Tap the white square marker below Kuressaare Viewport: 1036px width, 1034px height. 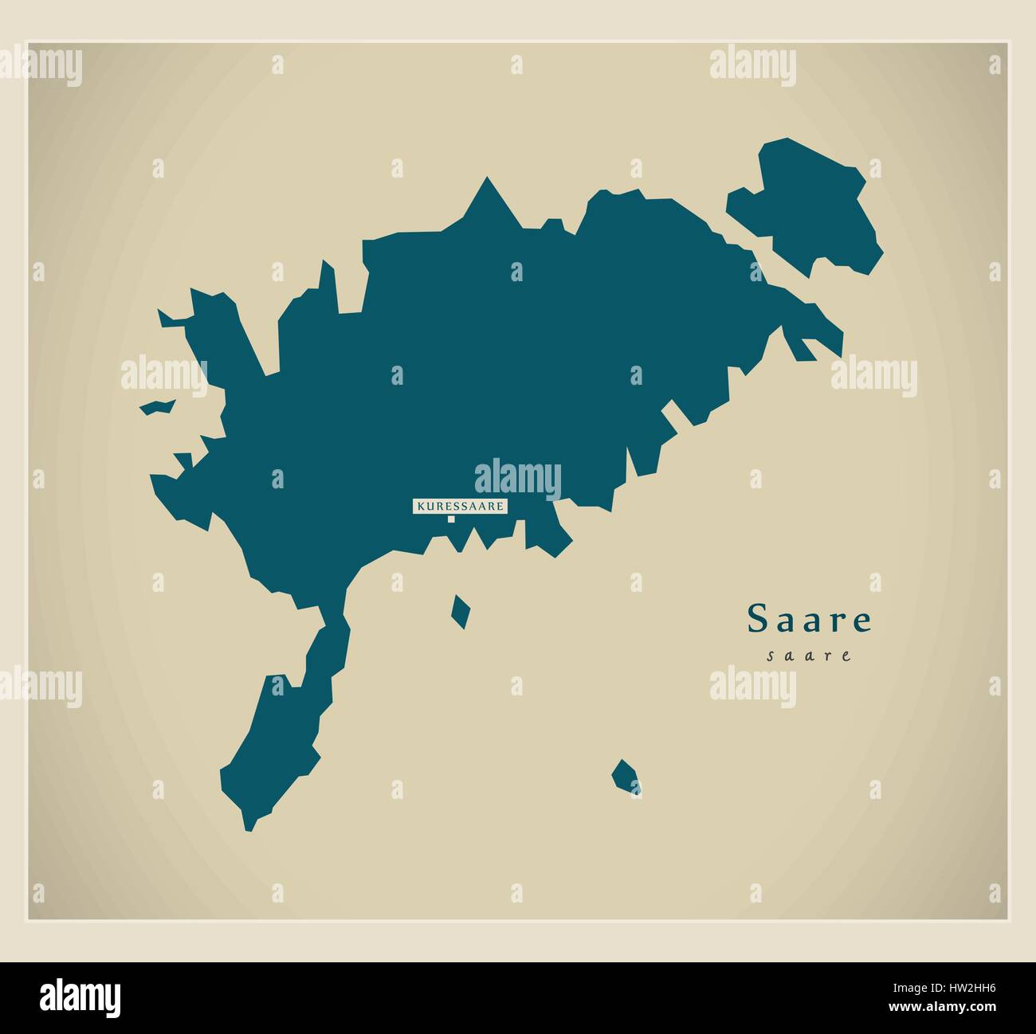451,519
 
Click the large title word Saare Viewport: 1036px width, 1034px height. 810,620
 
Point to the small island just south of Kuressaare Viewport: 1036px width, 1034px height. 460,612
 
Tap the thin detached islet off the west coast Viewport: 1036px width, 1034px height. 158,407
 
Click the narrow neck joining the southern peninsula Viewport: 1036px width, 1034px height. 334,613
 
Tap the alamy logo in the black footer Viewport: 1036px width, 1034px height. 80,996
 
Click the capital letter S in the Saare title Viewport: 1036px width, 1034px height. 757,620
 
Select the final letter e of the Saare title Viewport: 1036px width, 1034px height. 861,621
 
